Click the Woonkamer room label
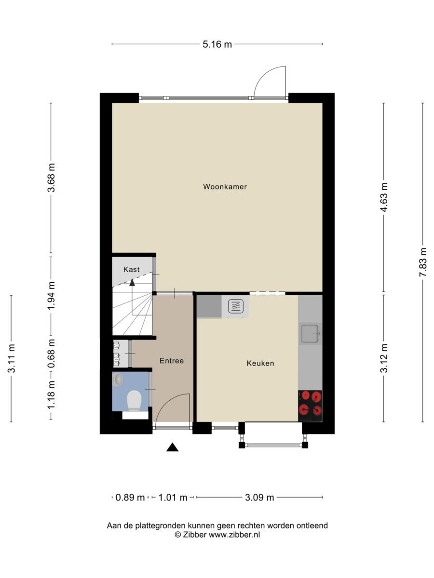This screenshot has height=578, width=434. (x=225, y=187)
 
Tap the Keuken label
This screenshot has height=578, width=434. (x=260, y=363)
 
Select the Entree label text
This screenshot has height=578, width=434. (x=172, y=361)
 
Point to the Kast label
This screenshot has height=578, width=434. (x=132, y=269)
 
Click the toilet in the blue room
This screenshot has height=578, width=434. (x=134, y=401)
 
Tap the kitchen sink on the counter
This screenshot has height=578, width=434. (x=310, y=334)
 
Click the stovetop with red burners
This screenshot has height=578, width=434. (x=310, y=406)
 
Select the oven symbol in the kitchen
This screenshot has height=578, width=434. (x=236, y=306)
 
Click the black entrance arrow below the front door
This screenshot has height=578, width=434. (x=172, y=447)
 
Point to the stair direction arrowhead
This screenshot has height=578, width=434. (x=132, y=283)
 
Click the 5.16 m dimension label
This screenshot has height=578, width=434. (x=217, y=44)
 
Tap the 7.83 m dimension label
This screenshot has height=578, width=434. (x=423, y=262)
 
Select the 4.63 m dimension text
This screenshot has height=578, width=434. (x=384, y=197)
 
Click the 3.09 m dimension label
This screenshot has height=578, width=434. (x=259, y=498)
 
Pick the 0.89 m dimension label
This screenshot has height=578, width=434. (x=130, y=498)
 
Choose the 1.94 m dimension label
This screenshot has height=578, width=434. (x=51, y=296)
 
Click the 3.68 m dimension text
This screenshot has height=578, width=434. (x=51, y=178)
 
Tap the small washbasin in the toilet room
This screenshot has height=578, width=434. (x=118, y=380)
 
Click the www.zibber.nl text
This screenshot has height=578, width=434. (x=234, y=535)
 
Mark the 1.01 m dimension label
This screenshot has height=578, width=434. (x=173, y=498)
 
